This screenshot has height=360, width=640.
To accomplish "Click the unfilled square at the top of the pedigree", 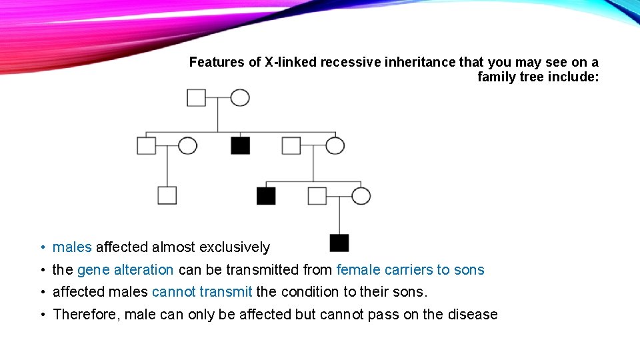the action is click(x=196, y=97).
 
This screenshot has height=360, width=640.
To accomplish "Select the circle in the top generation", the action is click(x=240, y=97).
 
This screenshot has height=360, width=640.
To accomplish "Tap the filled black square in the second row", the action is click(x=241, y=145).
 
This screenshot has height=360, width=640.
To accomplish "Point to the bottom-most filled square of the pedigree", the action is click(x=339, y=243).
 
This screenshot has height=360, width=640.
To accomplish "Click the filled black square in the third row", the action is click(x=266, y=195).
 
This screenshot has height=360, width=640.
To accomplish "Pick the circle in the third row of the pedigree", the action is click(x=361, y=195).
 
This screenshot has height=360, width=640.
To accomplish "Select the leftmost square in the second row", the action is click(x=147, y=145).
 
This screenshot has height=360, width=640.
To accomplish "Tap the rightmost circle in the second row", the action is click(x=335, y=145).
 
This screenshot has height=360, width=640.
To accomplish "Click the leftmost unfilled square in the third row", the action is click(x=167, y=195).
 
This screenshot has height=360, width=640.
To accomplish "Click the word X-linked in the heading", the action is click(x=290, y=62).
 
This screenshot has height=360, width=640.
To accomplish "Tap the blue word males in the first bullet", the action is click(x=72, y=247).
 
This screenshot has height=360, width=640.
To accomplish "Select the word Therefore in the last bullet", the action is click(x=83, y=315).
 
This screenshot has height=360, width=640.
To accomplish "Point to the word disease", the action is click(x=474, y=315).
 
